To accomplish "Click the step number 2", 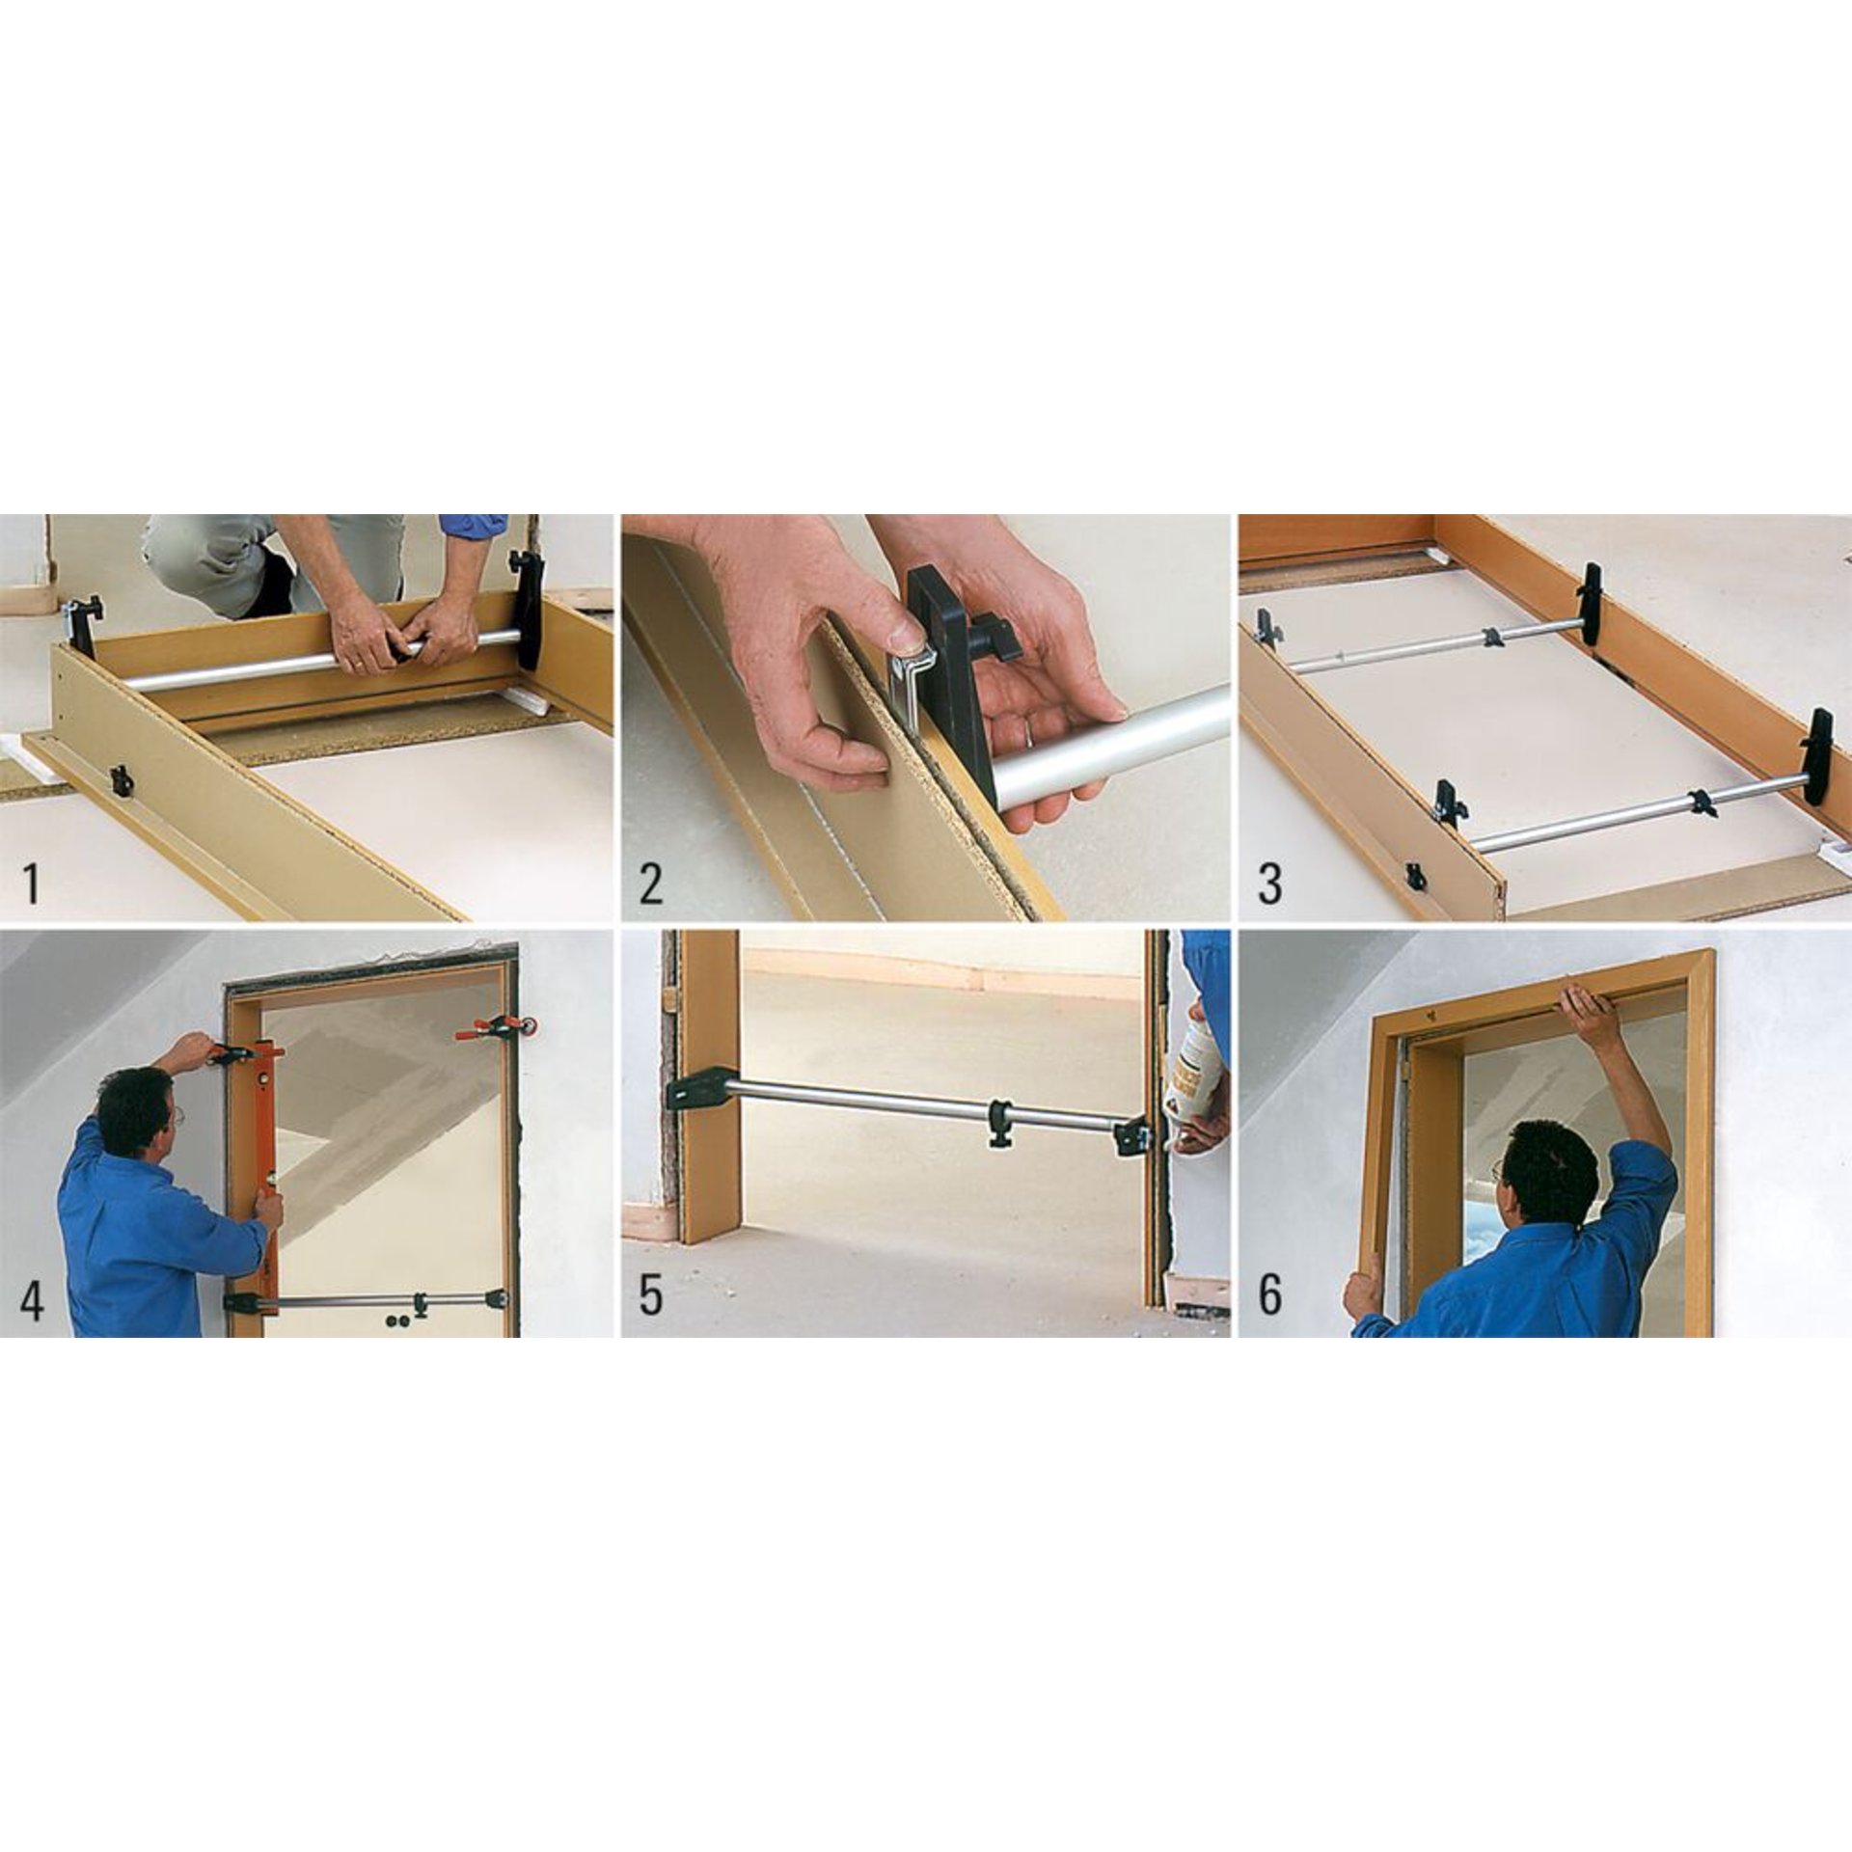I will tap(651, 884).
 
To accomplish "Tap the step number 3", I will tap(1269, 884).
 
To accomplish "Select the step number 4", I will tap(31, 1297).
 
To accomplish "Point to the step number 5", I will tap(651, 1297).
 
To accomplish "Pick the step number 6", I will tap(1269, 1297).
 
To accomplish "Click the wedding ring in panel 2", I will tap(1031, 736).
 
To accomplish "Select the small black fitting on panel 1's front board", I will tap(121, 780).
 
